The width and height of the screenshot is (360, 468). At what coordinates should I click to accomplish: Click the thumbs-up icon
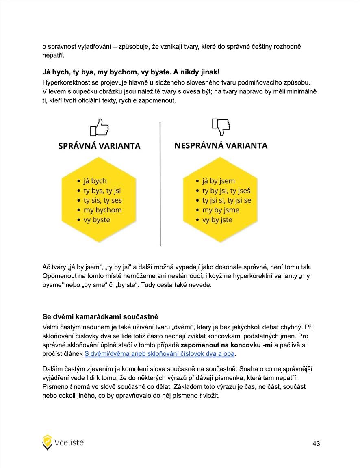click(x=100, y=128)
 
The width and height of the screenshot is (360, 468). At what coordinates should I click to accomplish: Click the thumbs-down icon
click(x=221, y=127)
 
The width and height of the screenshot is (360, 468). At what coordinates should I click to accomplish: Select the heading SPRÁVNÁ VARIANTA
click(x=100, y=146)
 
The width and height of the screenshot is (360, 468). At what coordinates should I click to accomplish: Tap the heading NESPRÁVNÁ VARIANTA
click(x=221, y=145)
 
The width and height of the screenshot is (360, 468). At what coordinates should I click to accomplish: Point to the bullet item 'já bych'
click(x=95, y=181)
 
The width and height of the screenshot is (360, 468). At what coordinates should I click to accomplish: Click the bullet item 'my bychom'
click(x=102, y=210)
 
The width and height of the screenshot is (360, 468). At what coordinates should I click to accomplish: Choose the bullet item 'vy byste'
click(x=97, y=220)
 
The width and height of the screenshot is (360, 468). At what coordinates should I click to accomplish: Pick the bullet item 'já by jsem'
click(x=219, y=181)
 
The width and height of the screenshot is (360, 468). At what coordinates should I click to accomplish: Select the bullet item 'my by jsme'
click(x=221, y=210)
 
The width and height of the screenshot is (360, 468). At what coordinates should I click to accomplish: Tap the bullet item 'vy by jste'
click(x=217, y=220)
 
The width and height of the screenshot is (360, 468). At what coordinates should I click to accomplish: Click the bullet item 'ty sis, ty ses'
click(x=103, y=200)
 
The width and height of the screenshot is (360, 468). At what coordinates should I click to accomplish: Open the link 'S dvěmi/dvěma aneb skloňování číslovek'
click(x=159, y=353)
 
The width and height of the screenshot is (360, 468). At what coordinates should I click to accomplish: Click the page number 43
click(x=316, y=444)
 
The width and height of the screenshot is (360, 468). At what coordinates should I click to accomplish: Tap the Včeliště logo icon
click(x=48, y=442)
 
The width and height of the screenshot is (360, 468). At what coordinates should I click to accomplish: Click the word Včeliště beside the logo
click(x=69, y=442)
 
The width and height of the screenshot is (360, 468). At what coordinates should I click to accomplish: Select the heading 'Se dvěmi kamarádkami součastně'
click(x=100, y=316)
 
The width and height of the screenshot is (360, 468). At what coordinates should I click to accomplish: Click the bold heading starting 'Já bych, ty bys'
click(x=131, y=72)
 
